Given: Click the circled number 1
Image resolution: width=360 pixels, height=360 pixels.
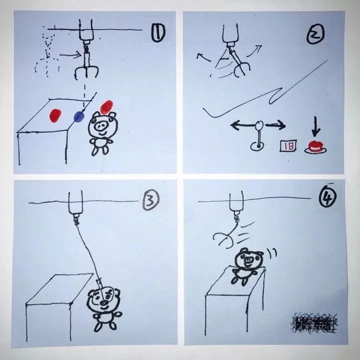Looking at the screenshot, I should pos(157,35).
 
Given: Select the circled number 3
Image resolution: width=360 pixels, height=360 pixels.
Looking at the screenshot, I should pos(151,201).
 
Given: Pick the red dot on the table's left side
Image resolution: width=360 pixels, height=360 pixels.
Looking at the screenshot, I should pos(55,115).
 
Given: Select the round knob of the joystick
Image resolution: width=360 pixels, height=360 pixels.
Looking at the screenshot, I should pos(259,125).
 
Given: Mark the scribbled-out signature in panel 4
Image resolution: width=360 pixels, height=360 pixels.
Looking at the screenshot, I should pos(314,323).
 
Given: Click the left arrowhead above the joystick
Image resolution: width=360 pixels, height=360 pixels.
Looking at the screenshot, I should pos(233,125).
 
